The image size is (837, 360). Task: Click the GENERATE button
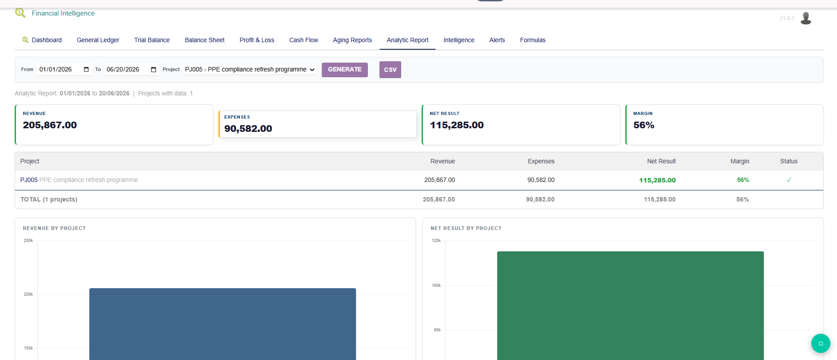pos(344,70)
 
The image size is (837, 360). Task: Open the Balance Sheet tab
pos(205,40)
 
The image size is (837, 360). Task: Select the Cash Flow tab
pos(304,40)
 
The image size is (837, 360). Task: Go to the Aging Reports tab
pos(352,40)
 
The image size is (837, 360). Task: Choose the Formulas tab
pos(533,40)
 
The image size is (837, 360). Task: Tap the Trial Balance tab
pos(152,40)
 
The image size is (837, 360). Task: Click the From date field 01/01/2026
pos(64,69)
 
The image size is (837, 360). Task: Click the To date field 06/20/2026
pos(131,69)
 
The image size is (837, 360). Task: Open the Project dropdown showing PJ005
pos(250,69)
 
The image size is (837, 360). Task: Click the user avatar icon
pos(806,18)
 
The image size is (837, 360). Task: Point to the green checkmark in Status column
pos(789,180)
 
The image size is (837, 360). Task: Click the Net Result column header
pos(661,161)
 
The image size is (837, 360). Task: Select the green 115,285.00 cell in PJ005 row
pos(657,180)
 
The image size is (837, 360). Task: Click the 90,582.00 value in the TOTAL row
pos(540,199)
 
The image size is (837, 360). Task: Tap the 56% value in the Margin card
pos(644,125)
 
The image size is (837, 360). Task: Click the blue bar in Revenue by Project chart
pos(222,324)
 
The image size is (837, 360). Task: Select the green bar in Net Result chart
pos(630,306)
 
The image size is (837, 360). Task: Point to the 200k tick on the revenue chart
pos(28,294)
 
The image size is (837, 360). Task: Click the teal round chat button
pos(821,343)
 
